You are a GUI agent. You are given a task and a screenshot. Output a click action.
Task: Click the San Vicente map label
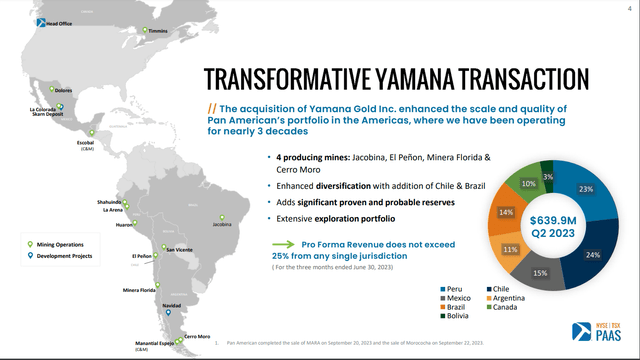pyautogui.click(x=179, y=248)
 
